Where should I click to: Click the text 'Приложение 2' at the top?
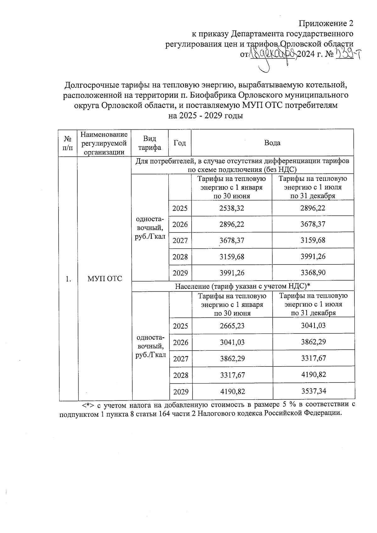(326, 23)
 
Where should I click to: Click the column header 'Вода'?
(272, 143)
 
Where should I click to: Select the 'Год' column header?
(180, 143)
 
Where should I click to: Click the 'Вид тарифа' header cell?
(150, 143)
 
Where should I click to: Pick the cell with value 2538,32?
(232, 208)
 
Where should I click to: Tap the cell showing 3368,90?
(313, 273)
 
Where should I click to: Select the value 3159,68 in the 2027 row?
(313, 240)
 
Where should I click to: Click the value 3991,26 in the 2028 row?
(313, 257)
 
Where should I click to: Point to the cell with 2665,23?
(232, 326)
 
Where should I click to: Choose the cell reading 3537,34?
(314, 391)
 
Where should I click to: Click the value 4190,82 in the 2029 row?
(232, 391)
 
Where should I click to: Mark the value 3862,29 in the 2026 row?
(314, 342)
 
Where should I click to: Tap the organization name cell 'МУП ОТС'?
(105, 279)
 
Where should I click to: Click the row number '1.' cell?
(68, 279)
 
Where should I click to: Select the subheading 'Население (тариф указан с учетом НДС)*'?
(243, 286)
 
